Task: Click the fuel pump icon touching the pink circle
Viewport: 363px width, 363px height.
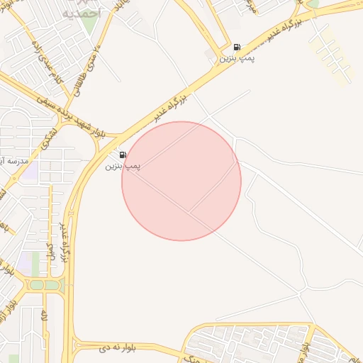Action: click(x=123, y=155)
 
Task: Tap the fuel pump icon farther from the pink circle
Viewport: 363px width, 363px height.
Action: click(x=236, y=47)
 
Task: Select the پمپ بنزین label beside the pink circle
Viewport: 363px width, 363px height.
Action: click(x=123, y=166)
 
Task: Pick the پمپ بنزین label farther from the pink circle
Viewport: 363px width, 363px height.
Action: click(x=237, y=57)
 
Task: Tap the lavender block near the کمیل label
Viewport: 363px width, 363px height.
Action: click(x=26, y=261)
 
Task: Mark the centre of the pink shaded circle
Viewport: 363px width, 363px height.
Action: click(x=181, y=181)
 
